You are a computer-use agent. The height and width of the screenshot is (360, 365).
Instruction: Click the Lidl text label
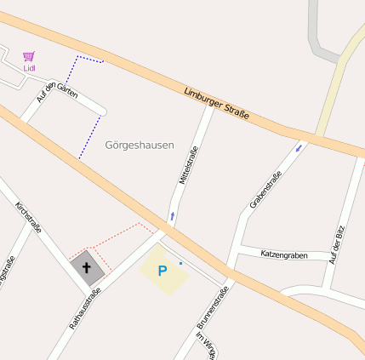point(30,68)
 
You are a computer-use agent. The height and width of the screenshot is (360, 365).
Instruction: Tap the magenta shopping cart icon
point(29,56)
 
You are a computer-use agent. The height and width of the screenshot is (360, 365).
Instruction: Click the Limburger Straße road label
point(216,103)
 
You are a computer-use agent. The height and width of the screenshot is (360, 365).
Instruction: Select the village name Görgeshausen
point(139,146)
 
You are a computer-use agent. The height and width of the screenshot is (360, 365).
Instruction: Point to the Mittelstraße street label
point(189,164)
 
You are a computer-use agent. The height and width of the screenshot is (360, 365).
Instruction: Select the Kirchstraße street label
point(29,217)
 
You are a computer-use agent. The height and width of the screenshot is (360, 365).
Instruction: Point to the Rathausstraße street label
point(85,307)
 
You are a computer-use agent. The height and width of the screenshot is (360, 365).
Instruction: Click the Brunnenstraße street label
point(213,309)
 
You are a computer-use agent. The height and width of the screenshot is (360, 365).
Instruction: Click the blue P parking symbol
point(162,271)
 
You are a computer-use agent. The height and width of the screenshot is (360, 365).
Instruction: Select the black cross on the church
point(86,268)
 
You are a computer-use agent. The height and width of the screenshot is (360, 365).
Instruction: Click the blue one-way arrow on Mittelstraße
point(173,216)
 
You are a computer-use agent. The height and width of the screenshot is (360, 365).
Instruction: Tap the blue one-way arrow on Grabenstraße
point(299,149)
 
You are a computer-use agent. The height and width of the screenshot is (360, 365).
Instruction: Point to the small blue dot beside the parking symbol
point(180,264)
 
